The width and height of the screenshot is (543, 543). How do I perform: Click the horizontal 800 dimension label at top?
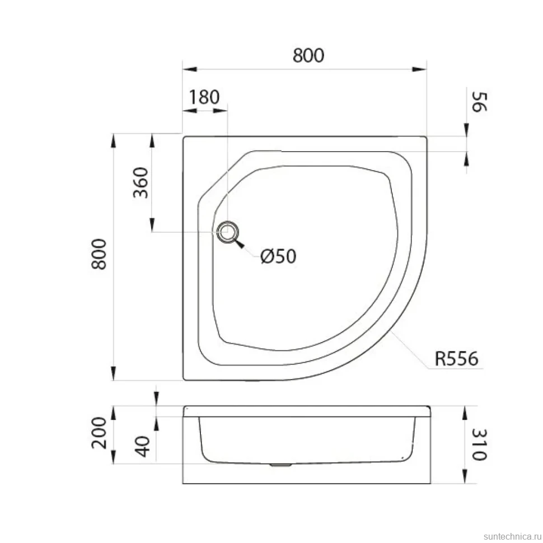[308, 55]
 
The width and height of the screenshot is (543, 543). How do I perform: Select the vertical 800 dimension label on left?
[99, 254]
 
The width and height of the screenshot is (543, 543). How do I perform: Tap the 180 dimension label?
[204, 97]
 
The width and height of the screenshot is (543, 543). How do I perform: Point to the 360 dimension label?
[141, 182]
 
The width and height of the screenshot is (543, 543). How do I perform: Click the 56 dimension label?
[479, 102]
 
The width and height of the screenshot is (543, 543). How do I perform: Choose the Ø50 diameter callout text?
[278, 256]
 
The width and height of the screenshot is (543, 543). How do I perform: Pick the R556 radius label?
[456, 358]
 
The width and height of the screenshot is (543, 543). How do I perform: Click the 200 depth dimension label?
[99, 433]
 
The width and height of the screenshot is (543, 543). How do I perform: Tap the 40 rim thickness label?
[142, 446]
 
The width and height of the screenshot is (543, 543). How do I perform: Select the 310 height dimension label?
[479, 444]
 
